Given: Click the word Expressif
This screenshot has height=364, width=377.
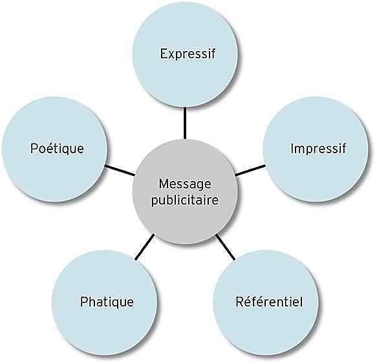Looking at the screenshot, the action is coord(188,54).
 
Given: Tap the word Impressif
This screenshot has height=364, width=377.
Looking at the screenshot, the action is coord(318,148).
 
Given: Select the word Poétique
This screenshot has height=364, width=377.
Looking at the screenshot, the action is coord(57,149).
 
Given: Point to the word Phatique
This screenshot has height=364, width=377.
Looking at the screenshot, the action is coord(107,302).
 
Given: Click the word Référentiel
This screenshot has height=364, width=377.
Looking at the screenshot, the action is coord(269,302).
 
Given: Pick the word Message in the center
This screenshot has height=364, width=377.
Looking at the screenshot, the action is coord(185,184).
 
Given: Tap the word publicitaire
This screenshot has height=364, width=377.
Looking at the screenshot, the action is coord(185,200).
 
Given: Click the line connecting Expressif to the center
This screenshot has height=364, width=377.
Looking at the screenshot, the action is coord(185,123).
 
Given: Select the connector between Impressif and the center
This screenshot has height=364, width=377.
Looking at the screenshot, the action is coord(250,170).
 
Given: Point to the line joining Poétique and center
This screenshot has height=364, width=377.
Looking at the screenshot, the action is coord(120,171).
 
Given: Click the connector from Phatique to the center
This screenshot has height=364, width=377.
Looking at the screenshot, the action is coord(145,247).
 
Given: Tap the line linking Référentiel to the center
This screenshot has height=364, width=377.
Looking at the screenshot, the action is coord(226,247).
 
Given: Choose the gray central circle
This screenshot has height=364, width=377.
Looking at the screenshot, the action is coord(185,191).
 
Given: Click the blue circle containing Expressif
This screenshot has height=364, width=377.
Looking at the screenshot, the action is coord(185,54).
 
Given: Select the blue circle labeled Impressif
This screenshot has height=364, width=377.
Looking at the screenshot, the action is coord(316,149).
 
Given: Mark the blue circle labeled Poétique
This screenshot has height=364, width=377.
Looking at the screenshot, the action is coord(54,149).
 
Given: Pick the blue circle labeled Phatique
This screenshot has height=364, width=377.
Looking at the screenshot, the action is coord(105,303).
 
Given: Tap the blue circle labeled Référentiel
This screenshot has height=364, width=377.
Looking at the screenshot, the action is coord(266,303).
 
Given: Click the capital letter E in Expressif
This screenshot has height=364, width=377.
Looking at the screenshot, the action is coord(164,54).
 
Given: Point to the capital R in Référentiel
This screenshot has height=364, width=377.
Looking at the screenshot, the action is coord(240,302).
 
